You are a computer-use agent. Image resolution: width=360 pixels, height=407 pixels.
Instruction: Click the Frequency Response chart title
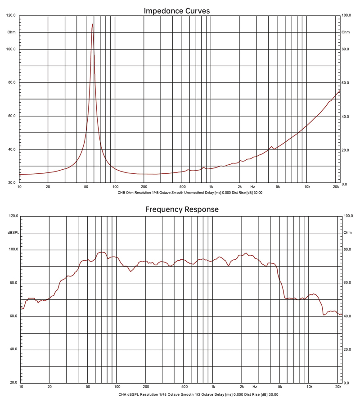coord(182,209)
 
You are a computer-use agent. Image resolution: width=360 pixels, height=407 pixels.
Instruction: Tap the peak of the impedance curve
coord(92,24)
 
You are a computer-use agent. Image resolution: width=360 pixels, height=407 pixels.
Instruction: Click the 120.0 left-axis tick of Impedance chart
coord(11,15)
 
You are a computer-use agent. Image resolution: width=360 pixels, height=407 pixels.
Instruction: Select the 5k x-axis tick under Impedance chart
coord(278,186)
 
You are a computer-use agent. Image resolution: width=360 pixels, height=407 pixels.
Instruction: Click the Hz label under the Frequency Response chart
coord(255,387)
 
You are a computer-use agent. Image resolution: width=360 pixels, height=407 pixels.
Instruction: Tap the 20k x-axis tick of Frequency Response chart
coord(338,387)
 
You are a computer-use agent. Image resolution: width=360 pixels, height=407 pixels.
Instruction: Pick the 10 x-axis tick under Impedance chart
coord(19,186)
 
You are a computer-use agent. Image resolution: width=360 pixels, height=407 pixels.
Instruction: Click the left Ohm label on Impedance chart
coord(11,32)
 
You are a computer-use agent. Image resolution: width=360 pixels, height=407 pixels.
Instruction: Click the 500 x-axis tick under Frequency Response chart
coord(184,387)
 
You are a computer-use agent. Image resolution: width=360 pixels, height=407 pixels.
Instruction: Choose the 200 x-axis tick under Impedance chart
coord(144,186)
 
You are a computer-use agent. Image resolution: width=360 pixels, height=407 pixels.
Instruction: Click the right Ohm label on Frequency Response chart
coord(347,233)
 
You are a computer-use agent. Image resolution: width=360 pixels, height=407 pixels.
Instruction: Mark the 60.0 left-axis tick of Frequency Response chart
coord(13,316)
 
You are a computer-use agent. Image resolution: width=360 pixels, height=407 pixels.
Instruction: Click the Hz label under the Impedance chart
coord(252,186)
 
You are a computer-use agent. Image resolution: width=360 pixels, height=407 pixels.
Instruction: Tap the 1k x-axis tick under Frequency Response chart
coord(213,387)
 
